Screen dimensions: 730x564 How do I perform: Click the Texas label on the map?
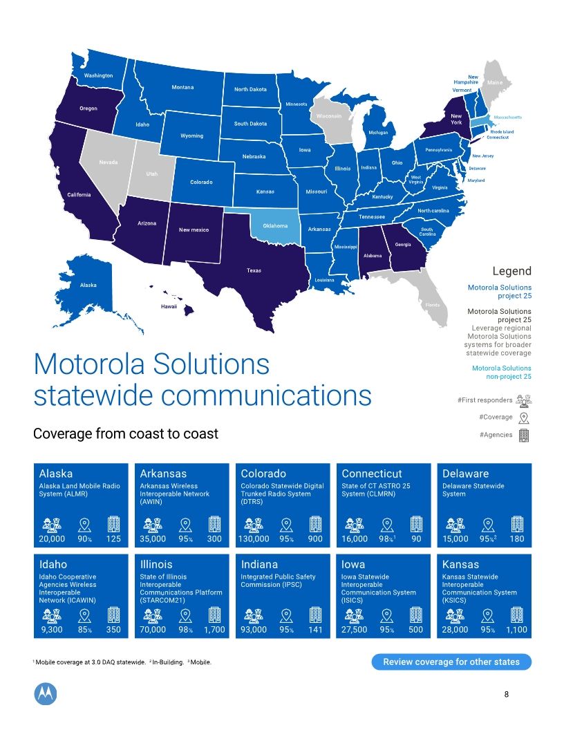(x=254, y=270)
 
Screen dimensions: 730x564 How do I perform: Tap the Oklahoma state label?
(x=275, y=226)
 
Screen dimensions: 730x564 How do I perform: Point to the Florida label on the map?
(x=433, y=304)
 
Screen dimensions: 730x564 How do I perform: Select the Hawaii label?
(x=169, y=306)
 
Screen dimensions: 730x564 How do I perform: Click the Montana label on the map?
(x=182, y=87)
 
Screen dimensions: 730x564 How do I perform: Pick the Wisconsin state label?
(x=329, y=116)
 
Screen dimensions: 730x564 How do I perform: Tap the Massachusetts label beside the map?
(x=508, y=118)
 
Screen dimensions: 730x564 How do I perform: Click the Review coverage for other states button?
(x=452, y=662)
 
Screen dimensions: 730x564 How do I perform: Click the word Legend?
(x=511, y=271)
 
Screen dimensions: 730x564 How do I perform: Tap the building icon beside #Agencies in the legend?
(x=524, y=435)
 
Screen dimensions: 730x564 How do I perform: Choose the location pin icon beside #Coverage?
(x=524, y=418)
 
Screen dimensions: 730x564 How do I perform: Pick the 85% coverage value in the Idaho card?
(x=84, y=630)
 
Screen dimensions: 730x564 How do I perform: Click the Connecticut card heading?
(x=372, y=474)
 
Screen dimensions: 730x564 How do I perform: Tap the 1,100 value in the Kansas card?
(x=516, y=630)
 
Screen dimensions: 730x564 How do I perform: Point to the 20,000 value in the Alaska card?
(x=52, y=539)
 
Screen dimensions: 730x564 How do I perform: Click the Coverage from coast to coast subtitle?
(x=126, y=434)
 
